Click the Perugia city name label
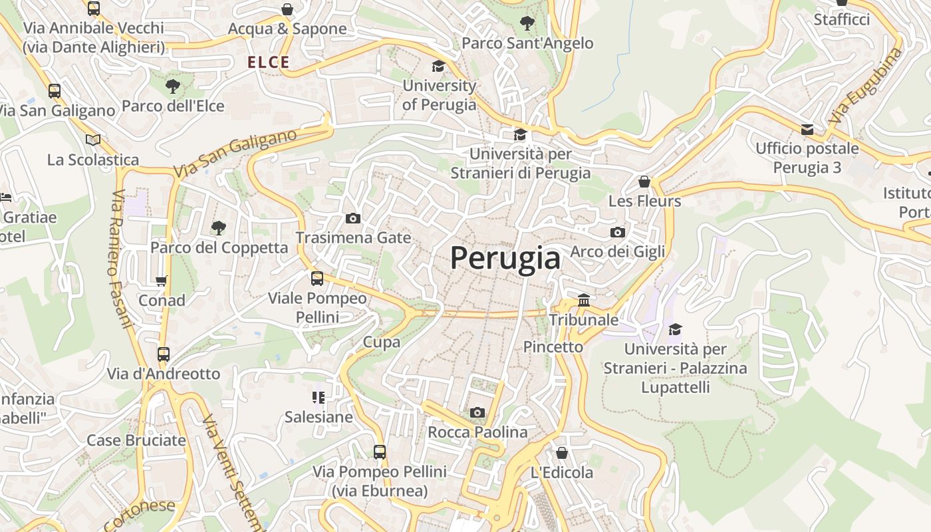[x=505, y=258]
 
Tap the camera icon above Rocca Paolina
[x=477, y=413]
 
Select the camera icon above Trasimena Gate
[x=353, y=218]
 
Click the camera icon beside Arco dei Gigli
[x=618, y=232]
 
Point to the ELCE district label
[x=269, y=63]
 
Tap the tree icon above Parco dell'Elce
[x=173, y=86]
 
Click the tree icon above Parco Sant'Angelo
[x=527, y=23]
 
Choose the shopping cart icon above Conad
[x=162, y=281]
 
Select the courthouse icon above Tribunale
[x=584, y=301]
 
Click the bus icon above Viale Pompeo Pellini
[x=317, y=279]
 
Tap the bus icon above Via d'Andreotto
[x=164, y=354]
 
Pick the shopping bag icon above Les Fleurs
[x=644, y=182]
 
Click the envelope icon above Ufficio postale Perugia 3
[x=807, y=129]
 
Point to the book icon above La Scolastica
[x=93, y=140]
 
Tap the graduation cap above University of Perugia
[x=438, y=66]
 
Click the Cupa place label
[x=382, y=342]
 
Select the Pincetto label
[x=553, y=346]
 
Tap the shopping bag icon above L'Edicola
[x=562, y=453]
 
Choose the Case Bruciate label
[x=136, y=440]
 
